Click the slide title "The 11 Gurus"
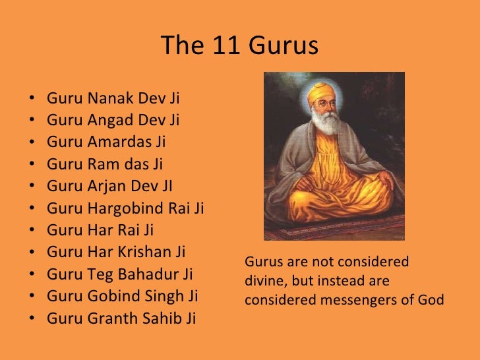[239, 46]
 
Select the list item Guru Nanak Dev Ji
[113, 100]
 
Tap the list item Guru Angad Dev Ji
[113, 121]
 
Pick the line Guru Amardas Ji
[106, 143]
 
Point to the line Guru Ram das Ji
[105, 165]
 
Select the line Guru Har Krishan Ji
[116, 253]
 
